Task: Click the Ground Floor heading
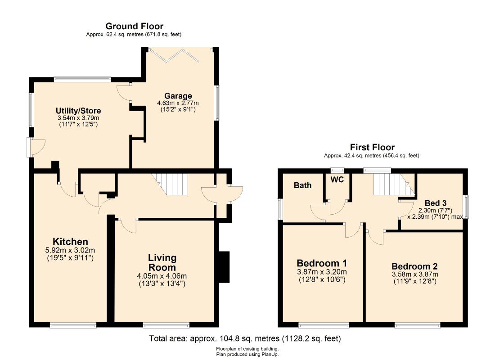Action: pyautogui.click(x=134, y=26)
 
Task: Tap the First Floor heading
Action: pyautogui.click(x=372, y=147)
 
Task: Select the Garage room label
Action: pyautogui.click(x=178, y=96)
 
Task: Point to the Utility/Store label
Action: pyautogui.click(x=78, y=111)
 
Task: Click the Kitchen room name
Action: pyautogui.click(x=70, y=242)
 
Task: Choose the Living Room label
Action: pyautogui.click(x=162, y=262)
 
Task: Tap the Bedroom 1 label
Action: pyautogui.click(x=322, y=263)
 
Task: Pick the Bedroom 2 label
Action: pyautogui.click(x=414, y=266)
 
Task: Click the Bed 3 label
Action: pyautogui.click(x=436, y=203)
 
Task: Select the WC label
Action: pyautogui.click(x=337, y=180)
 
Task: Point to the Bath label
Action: pyautogui.click(x=302, y=185)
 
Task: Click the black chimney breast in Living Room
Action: pyautogui.click(x=224, y=267)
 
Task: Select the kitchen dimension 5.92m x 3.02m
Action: pyautogui.click(x=70, y=250)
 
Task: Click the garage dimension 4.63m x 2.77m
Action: pyautogui.click(x=178, y=103)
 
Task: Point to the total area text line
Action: pyautogui.click(x=245, y=338)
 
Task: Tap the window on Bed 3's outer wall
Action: pyautogui.click(x=466, y=207)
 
